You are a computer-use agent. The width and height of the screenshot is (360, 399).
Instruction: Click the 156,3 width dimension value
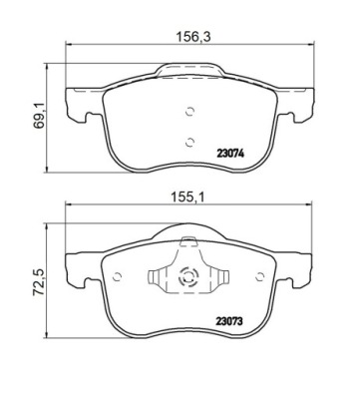click(193, 37)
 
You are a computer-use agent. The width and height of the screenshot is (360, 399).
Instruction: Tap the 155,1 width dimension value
click(188, 198)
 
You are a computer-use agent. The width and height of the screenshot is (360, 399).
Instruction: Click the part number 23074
click(230, 154)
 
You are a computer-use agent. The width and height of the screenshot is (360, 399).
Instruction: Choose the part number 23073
click(229, 321)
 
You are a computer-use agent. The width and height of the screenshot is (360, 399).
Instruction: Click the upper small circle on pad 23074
click(189, 112)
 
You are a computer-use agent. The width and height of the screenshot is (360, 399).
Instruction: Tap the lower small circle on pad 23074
click(189, 142)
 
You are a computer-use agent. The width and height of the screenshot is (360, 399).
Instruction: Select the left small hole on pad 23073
click(118, 276)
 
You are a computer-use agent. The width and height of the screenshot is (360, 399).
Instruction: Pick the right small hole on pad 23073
click(260, 276)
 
